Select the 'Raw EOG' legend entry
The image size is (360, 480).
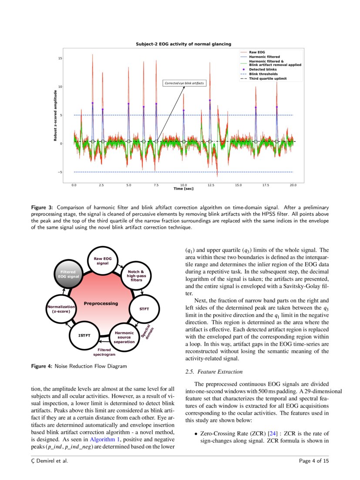(x=256, y=52)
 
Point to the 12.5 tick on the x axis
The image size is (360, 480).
(x=211, y=185)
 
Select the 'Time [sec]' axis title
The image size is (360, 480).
(x=183, y=189)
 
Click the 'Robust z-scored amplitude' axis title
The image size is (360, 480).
(x=55, y=115)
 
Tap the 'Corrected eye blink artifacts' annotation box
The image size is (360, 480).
(x=184, y=83)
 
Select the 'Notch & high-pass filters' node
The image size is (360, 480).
(x=136, y=276)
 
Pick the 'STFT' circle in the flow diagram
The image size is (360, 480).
(x=144, y=309)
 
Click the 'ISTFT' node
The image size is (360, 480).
(x=84, y=335)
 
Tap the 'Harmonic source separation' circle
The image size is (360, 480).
(x=124, y=337)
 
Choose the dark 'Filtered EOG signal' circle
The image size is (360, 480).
(x=69, y=274)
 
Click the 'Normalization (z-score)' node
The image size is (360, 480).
(x=61, y=309)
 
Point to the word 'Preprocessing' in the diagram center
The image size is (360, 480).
(x=101, y=303)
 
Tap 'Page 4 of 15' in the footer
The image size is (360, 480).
(x=314, y=460)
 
